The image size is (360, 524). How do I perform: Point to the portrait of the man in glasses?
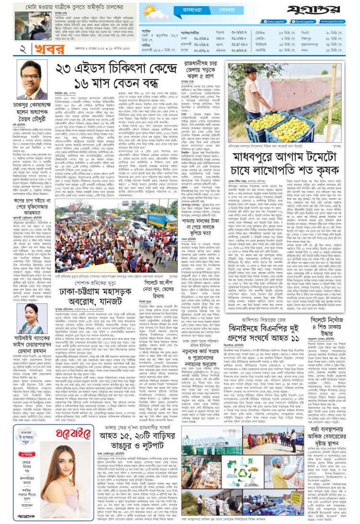pyautogui.click(x=29, y=72)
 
